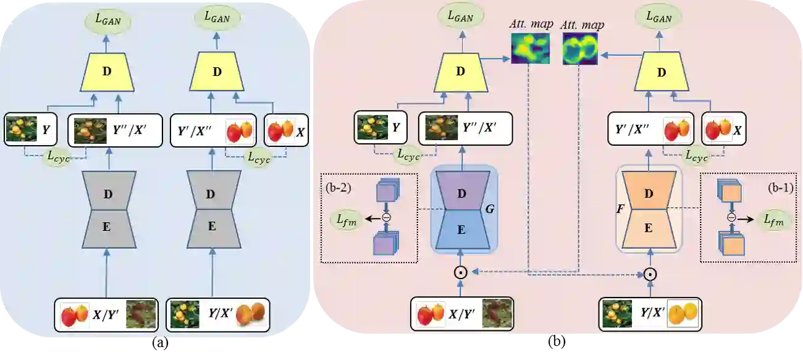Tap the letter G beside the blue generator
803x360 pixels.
tap(489, 209)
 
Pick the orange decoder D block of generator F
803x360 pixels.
tap(649, 193)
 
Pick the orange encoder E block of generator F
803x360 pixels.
tap(649, 228)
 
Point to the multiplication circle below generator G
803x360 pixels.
tap(460, 272)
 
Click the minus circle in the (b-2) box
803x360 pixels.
tap(386, 217)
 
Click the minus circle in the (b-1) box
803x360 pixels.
tap(731, 217)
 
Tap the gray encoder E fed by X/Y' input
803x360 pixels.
tap(107, 226)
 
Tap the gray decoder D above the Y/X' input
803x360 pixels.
tap(211, 193)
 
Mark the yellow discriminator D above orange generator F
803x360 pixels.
tap(662, 72)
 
